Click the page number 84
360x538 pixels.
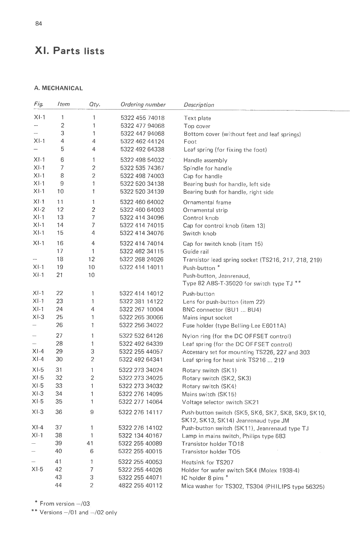pyautogui.click(x=39, y=24)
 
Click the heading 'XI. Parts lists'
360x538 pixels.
pyautogui.click(x=69, y=51)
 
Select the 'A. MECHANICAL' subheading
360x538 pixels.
pyautogui.click(x=58, y=88)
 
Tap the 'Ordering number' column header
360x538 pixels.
pyautogui.click(x=143, y=105)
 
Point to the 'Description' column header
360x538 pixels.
pyautogui.click(x=199, y=105)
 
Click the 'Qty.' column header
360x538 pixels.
pyautogui.click(x=95, y=104)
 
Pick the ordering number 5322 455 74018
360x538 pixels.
pyautogui.click(x=142, y=118)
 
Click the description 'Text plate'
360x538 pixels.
pyautogui.click(x=197, y=118)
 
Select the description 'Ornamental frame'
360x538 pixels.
pyautogui.click(x=207, y=202)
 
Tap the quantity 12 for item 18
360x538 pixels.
pyautogui.click(x=91, y=259)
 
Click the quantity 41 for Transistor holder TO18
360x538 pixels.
pyautogui.click(x=90, y=443)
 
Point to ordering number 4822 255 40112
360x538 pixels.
pyautogui.click(x=140, y=485)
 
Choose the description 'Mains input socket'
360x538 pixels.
pyautogui.click(x=207, y=318)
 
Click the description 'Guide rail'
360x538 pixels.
pyautogui.click(x=196, y=251)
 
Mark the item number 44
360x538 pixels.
pyautogui.click(x=58, y=485)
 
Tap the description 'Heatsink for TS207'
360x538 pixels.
pyautogui.click(x=207, y=463)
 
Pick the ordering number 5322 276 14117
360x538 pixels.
pyautogui.click(x=140, y=412)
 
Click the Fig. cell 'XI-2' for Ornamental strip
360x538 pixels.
pyautogui.click(x=39, y=210)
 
